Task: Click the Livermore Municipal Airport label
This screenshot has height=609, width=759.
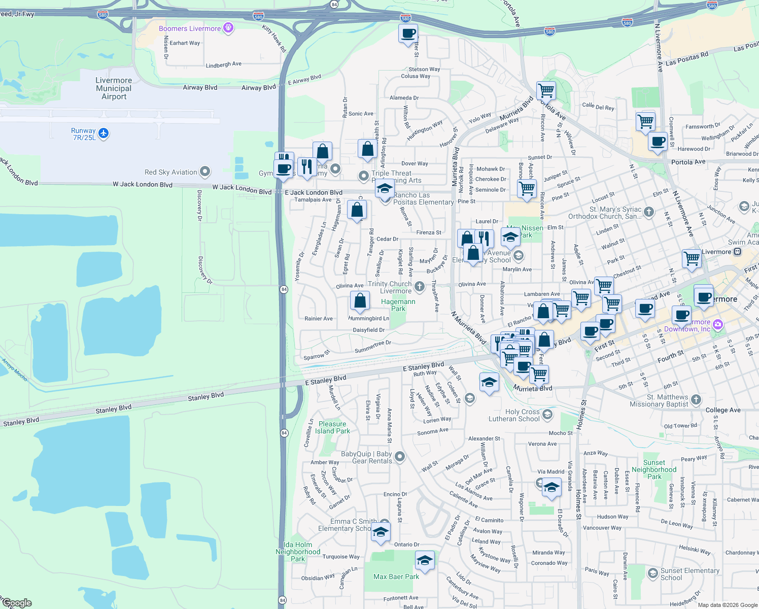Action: [114, 88]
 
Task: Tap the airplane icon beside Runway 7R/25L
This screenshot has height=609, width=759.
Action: [103, 133]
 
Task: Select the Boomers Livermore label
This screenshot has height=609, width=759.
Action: [190, 28]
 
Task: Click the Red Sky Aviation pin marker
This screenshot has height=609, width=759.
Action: [205, 172]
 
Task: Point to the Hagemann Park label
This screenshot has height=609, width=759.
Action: [398, 305]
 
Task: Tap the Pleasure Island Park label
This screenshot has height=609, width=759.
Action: [332, 427]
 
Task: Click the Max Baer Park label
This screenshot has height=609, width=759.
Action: [396, 577]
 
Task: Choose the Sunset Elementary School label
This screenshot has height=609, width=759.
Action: [689, 574]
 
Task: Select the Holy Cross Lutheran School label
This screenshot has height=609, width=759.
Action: [514, 415]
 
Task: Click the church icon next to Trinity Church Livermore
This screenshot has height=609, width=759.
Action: [419, 287]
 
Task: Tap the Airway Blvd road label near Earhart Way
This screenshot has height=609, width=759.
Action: [200, 87]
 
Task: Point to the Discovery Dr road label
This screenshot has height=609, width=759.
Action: [199, 206]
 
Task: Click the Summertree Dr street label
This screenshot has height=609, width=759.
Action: [373, 347]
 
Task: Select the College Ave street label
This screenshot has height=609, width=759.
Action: [723, 410]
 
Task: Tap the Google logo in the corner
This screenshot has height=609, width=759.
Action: [17, 603]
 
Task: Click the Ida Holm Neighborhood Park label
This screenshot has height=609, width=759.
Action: [298, 552]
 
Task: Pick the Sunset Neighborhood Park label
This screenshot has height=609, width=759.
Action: [654, 469]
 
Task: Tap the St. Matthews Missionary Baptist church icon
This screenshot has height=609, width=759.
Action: [696, 399]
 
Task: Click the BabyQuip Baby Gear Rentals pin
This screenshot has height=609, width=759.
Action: [400, 457]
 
